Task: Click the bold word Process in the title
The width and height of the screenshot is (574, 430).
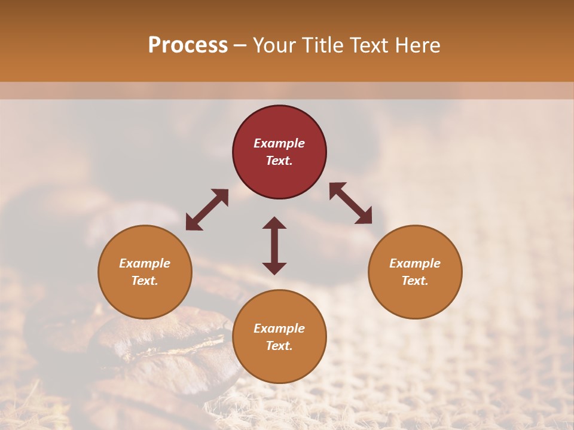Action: pos(188,45)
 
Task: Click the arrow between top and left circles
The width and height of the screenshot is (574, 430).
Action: pos(207,210)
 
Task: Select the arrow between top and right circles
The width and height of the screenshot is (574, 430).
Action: pos(350,203)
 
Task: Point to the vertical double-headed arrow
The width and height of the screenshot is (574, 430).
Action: pos(274,245)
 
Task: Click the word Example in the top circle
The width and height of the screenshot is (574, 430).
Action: pos(279,143)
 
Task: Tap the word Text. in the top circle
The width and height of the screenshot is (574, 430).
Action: pos(279,161)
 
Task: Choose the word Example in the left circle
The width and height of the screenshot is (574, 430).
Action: pos(145,263)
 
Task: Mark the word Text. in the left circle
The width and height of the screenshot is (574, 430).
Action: pos(145,281)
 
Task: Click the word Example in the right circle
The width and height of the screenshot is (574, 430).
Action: pos(415,263)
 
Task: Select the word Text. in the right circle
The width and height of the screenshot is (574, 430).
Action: pos(415,281)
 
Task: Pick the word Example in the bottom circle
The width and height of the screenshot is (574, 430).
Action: pos(279,328)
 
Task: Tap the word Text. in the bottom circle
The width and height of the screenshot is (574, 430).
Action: pos(279,346)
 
